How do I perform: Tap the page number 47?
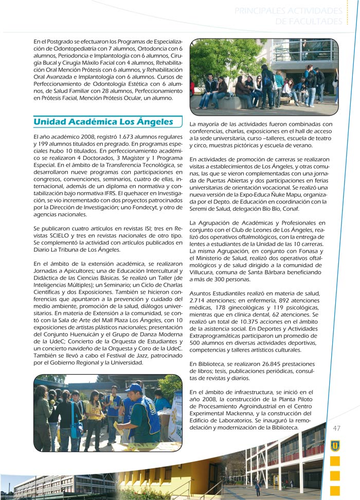(x=337, y=428)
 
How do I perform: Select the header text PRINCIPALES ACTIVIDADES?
(x=288, y=11)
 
